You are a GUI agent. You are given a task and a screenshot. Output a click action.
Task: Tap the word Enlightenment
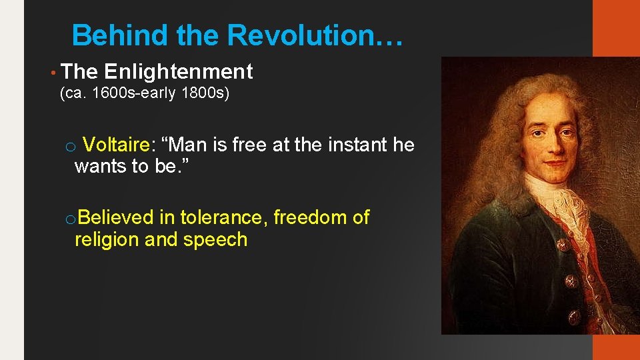coord(179,71)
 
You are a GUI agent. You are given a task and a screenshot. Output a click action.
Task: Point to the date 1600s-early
coord(133,93)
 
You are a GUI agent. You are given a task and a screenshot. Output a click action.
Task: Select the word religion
coord(107,239)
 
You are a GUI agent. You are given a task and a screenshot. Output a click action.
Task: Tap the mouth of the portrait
coord(551,162)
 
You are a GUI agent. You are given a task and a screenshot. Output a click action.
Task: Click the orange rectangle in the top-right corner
coord(616,28)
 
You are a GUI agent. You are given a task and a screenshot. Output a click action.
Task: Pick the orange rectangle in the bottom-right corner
coord(616,347)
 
